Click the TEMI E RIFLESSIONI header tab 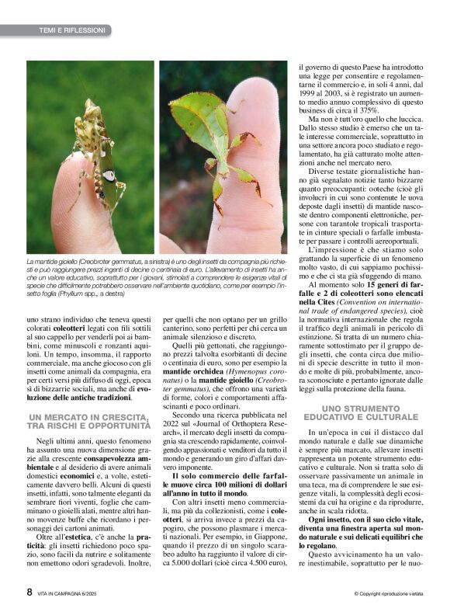(71, 30)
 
